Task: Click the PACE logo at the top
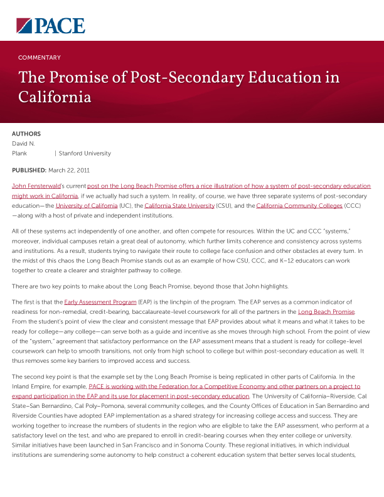tap(50, 25)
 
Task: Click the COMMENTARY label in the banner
tap(40, 58)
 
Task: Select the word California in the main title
tap(55, 97)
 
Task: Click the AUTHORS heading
tap(26, 134)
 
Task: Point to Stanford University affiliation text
tap(85, 153)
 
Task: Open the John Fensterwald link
tap(35, 186)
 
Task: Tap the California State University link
tap(179, 205)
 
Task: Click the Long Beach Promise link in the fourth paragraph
tap(326, 312)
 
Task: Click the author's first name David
tap(20, 144)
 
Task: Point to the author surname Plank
tap(19, 153)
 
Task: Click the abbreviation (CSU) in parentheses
tap(224, 205)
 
